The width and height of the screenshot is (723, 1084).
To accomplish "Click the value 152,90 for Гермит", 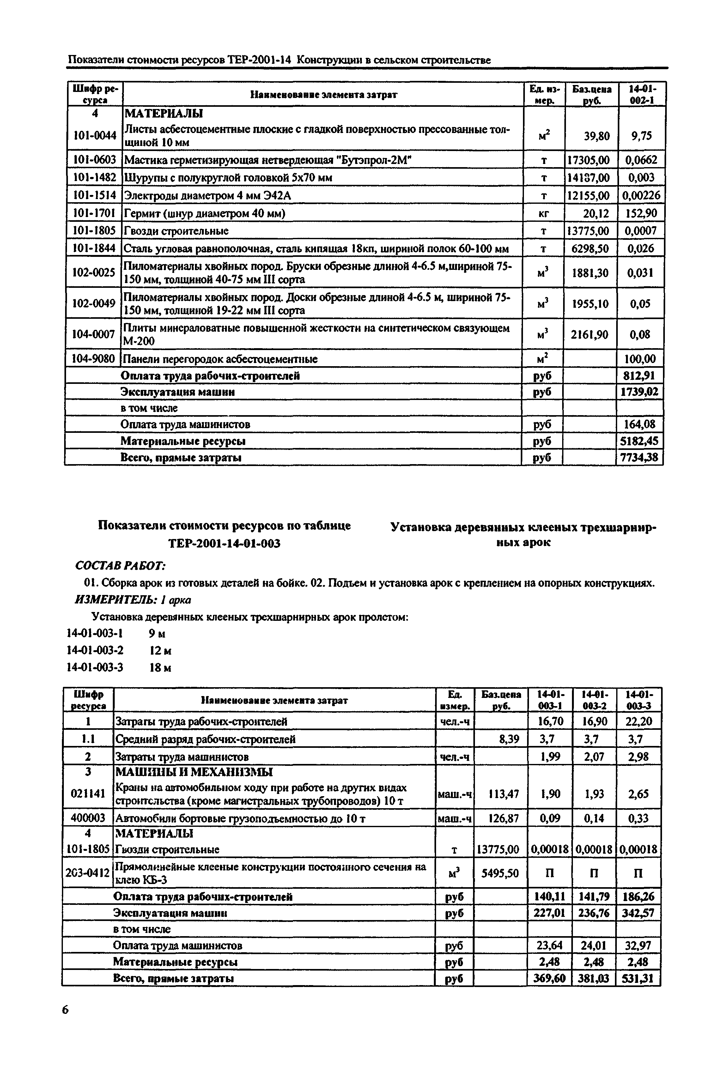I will [x=641, y=213].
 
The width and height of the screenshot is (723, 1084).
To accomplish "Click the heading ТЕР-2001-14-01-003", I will [x=225, y=543].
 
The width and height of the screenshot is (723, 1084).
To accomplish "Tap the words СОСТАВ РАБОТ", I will [x=120, y=565].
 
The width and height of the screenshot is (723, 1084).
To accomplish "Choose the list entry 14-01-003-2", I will [x=95, y=650].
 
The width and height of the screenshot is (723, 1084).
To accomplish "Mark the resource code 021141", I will [x=88, y=793].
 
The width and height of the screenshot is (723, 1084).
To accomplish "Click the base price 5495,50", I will [x=500, y=873].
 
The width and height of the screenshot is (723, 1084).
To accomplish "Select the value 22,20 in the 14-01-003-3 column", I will [x=639, y=721].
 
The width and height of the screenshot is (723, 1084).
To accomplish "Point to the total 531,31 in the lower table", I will [x=638, y=978].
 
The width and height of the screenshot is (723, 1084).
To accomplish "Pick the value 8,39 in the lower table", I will [x=509, y=739].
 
